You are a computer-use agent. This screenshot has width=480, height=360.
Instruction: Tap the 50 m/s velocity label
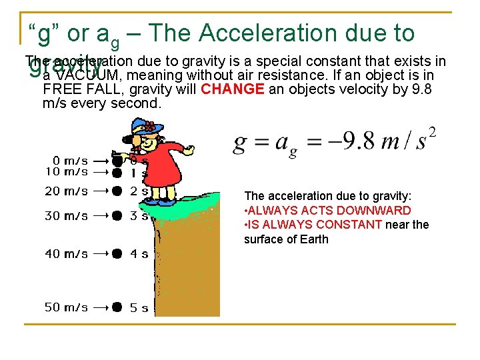tap(65, 307)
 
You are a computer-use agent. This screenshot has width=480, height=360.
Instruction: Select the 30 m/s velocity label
tap(65, 215)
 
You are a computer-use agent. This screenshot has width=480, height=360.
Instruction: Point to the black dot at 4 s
tap(117, 254)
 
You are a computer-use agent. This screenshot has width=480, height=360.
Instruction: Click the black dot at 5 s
tap(117, 307)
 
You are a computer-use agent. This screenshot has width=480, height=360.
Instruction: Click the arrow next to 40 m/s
tap(101, 254)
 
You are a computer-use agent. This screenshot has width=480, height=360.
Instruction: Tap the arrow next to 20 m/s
tap(101, 191)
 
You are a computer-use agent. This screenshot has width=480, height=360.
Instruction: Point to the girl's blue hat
tap(143, 126)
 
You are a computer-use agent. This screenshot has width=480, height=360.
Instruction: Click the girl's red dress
tap(160, 167)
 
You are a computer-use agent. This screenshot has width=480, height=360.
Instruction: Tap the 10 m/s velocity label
tap(65, 171)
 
